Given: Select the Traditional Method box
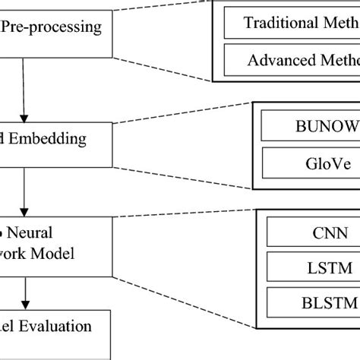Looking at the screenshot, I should [x=292, y=23].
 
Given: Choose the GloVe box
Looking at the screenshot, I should [x=310, y=161].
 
